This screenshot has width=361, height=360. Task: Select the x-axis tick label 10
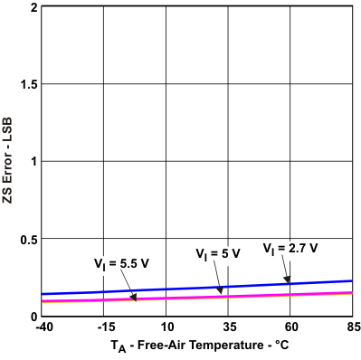point(166,327)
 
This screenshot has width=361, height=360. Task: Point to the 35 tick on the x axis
point(229,327)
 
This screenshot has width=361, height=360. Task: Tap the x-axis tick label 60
point(291,327)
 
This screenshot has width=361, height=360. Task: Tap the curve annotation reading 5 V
point(218,253)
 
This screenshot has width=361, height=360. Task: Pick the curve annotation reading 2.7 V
point(290,248)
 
